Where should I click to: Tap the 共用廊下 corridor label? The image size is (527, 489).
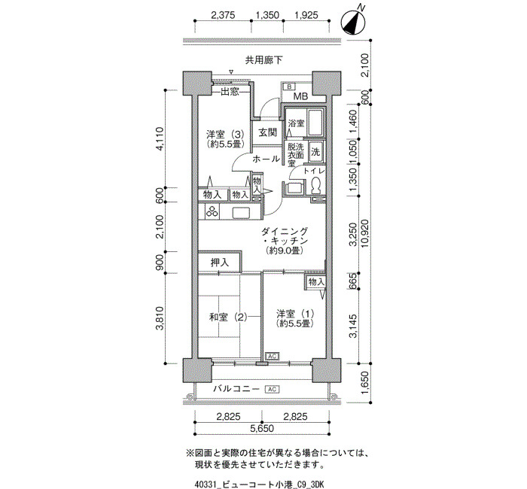(x=263, y=60)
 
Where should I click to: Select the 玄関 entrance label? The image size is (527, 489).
(x=267, y=132)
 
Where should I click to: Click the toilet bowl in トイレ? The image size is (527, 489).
(x=315, y=186)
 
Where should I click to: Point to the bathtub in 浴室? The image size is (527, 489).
(x=315, y=123)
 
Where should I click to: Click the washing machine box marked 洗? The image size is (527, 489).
(x=315, y=152)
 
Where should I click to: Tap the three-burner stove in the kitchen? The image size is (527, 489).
(x=212, y=211)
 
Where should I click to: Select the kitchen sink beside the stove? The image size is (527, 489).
(x=241, y=213)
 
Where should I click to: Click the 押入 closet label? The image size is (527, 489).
(x=220, y=263)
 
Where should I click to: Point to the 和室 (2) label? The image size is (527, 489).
(x=228, y=317)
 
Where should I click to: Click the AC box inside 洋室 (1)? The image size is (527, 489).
(x=273, y=356)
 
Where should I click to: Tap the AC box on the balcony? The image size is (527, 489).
(x=273, y=389)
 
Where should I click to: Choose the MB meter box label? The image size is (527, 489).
(x=300, y=96)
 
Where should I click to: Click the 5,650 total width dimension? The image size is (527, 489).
(x=262, y=429)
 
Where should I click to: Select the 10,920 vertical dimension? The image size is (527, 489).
(x=365, y=233)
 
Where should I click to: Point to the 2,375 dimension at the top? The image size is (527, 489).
(x=223, y=15)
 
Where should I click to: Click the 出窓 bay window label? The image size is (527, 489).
(x=230, y=91)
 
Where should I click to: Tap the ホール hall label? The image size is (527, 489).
(x=266, y=159)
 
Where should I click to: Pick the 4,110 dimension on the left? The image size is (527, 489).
(x=160, y=138)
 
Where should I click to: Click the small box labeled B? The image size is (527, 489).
(x=288, y=87)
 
